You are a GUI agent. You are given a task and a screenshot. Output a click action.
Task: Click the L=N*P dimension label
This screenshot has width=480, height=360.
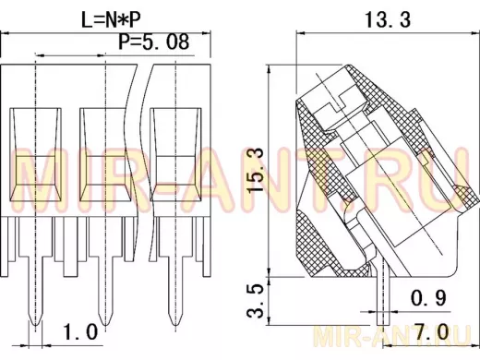111,19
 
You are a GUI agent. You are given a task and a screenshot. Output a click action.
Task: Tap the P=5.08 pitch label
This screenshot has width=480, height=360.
154,42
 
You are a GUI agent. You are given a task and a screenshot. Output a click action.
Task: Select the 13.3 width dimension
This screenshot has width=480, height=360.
388,19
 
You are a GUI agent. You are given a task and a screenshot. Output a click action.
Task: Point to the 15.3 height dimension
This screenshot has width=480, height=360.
257,170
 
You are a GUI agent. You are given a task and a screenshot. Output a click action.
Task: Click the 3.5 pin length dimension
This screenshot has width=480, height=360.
256,300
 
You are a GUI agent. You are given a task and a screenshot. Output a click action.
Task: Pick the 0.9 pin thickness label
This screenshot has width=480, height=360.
428,298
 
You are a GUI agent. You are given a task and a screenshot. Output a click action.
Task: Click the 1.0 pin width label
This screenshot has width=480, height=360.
80,332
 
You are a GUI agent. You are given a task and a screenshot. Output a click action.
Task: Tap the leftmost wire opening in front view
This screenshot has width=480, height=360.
35,155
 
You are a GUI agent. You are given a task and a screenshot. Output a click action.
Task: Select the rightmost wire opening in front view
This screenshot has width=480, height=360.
175,155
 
